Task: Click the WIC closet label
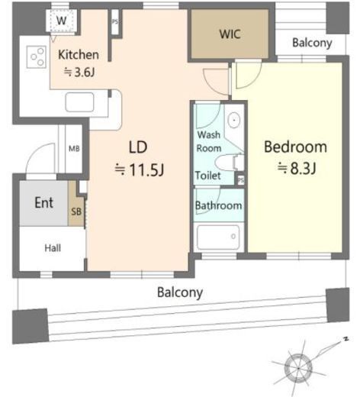230,34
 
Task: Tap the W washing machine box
61,21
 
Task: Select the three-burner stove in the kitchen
37,56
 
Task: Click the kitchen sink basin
79,102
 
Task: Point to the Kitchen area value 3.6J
79,73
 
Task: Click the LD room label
138,147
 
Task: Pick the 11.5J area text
140,169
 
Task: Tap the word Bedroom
295,147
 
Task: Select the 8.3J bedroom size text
297,168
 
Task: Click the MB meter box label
74,149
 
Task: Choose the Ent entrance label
43,203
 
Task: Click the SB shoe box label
76,211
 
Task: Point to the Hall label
53,248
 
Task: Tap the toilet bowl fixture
229,162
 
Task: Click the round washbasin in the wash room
234,120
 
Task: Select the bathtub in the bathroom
218,237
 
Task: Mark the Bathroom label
218,205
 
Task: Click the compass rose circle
298,368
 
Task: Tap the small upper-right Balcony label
312,43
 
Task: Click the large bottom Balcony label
180,292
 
